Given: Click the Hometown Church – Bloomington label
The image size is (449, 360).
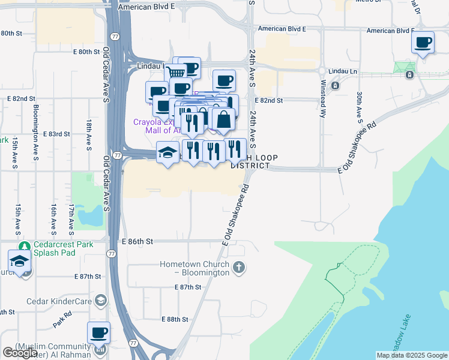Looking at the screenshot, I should point(195,268).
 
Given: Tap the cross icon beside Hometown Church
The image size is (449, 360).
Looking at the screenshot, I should point(239,266).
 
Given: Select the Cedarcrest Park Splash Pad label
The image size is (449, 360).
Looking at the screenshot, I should point(64,249).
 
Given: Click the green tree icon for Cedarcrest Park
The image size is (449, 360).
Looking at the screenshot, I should point(24,245).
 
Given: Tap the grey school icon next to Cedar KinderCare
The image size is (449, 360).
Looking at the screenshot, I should point(101,300).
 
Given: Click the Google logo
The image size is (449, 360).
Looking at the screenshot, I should point(20,353).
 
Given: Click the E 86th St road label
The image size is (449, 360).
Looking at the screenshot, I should point(137,241).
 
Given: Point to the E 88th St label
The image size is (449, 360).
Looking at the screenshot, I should point(175,319).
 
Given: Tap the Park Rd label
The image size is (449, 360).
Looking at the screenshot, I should point(62,318).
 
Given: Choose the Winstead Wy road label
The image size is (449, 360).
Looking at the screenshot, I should point(324,98).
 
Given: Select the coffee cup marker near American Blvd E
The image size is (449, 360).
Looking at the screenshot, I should point(423,43).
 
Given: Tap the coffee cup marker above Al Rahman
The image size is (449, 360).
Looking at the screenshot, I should point(98,333).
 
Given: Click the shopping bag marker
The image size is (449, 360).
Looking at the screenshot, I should point(223,119).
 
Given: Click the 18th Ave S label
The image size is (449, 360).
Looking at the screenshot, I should point(88,132).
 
